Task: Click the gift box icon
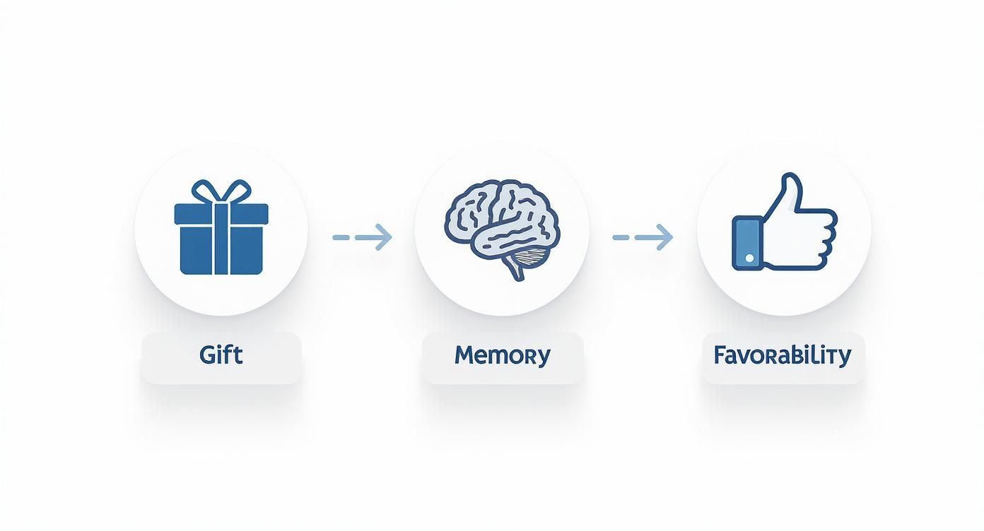coord(221,227)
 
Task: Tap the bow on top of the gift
coord(221,191)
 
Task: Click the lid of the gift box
coord(221,214)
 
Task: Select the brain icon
coord(502,229)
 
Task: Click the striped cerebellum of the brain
coord(532,256)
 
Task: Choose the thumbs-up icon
coord(785,221)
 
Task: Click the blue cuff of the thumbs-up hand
coord(747,242)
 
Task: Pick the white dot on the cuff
coord(749,258)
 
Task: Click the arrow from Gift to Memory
coord(362,237)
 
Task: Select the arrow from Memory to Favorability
coord(643,237)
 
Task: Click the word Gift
coord(221,354)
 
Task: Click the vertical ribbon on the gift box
coord(221,239)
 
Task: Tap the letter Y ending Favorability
coord(844,357)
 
